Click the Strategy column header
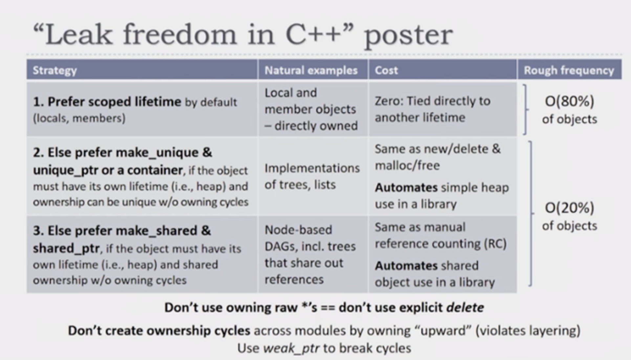click(x=55, y=70)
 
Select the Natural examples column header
click(x=311, y=70)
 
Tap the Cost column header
click(x=386, y=70)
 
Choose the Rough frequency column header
click(x=569, y=70)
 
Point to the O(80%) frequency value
click(x=570, y=101)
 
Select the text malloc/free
click(x=407, y=166)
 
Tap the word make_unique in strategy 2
click(x=157, y=153)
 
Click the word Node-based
click(x=298, y=230)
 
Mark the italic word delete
click(x=465, y=308)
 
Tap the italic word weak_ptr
click(x=291, y=348)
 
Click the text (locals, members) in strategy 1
click(x=79, y=118)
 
